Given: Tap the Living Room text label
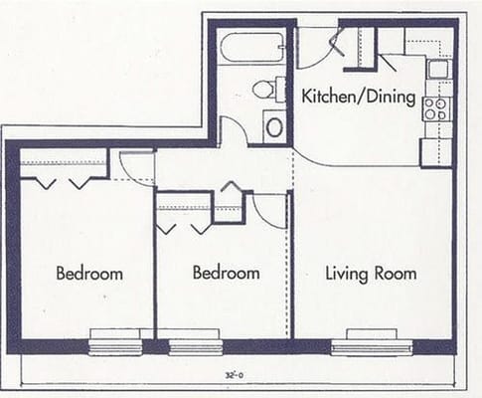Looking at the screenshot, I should [x=371, y=273].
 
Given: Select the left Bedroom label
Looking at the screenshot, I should [x=89, y=273].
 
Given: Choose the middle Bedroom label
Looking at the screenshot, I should [x=226, y=273].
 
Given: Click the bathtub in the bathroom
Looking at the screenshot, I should [x=251, y=48].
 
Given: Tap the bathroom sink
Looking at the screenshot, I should [x=274, y=126].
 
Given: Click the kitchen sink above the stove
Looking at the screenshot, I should [x=437, y=70].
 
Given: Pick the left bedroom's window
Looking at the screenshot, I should [x=115, y=340].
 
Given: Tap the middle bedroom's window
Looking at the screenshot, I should [x=195, y=341].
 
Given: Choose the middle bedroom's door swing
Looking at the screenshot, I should [x=269, y=207].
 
